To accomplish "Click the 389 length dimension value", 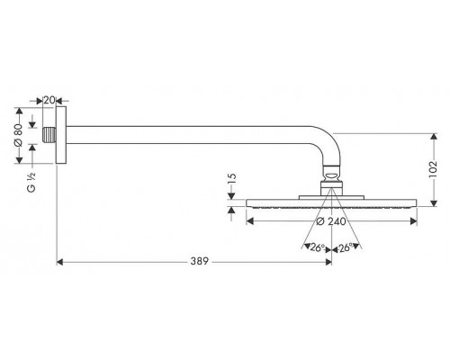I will [x=199, y=262].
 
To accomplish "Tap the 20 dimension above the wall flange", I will [x=49, y=100].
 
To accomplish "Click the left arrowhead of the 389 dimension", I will [x=61, y=262].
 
